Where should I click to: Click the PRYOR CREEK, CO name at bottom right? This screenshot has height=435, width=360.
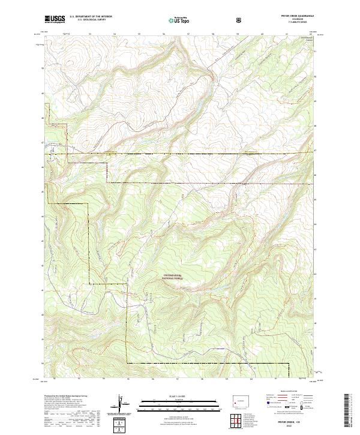[294, 422]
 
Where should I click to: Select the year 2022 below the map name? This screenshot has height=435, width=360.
[294, 427]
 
